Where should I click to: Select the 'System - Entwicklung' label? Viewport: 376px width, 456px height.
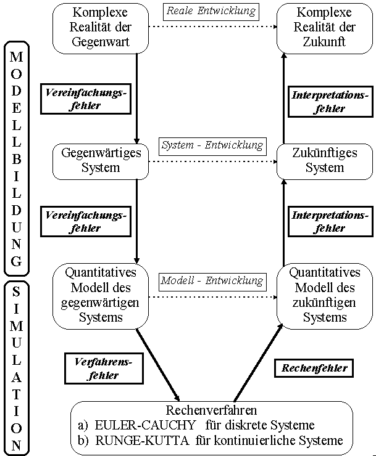[212, 146]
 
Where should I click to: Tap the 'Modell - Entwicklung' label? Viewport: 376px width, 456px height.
[212, 280]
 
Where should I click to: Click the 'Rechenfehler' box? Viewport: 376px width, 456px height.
[315, 368]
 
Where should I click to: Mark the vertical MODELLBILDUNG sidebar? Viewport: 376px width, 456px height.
[17, 158]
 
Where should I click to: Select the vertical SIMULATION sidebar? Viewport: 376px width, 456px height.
[17, 367]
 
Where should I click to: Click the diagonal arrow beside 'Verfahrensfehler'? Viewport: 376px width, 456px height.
[158, 364]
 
